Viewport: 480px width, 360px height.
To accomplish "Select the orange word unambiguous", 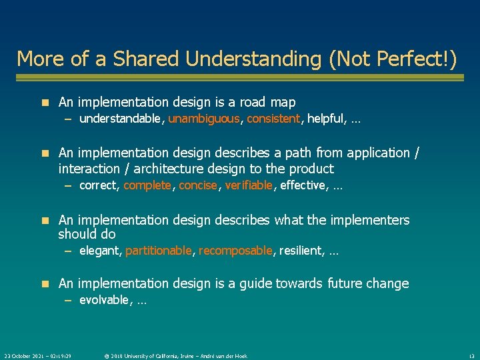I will [203, 119].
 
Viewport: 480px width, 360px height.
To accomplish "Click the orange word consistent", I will [273, 119].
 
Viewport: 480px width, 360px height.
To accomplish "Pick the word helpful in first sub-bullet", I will [325, 119].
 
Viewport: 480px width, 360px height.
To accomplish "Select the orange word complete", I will [147, 185].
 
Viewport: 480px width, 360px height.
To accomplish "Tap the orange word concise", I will [198, 185].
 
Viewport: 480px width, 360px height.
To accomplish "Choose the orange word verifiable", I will [249, 185].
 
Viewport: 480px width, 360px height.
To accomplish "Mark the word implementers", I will [372, 219].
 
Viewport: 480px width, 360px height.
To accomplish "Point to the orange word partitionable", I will [159, 251].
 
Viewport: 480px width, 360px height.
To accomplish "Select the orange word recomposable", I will [235, 251].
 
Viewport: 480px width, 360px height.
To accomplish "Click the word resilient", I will [300, 251].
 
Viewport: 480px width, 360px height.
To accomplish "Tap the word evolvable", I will [103, 300].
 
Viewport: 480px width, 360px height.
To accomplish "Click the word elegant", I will [99, 251].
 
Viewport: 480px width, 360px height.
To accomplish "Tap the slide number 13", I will [471, 356].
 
